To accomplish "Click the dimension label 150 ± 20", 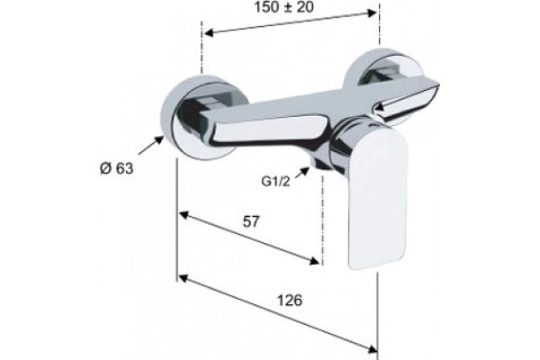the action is [283, 7].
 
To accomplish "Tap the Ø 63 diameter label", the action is [116, 168].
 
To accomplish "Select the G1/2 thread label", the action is [275, 182].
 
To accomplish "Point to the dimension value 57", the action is [251, 221].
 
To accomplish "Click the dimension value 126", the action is [290, 301].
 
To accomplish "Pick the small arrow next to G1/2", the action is [302, 172].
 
